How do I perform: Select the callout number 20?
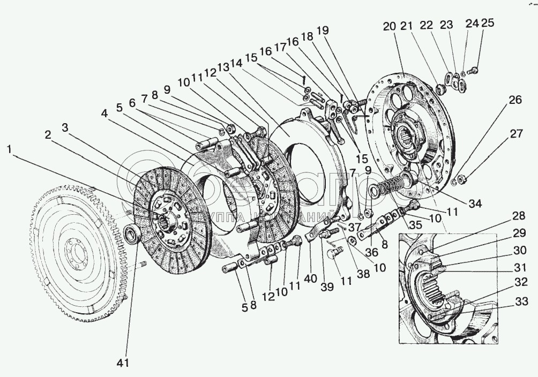pos(389,26)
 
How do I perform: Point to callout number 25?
pos(488,22)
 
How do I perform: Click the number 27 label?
pos(515,134)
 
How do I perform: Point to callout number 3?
pos(64,126)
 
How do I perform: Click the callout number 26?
pos(515,100)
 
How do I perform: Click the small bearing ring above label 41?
pos(131,233)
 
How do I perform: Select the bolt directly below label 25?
pos(474,70)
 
